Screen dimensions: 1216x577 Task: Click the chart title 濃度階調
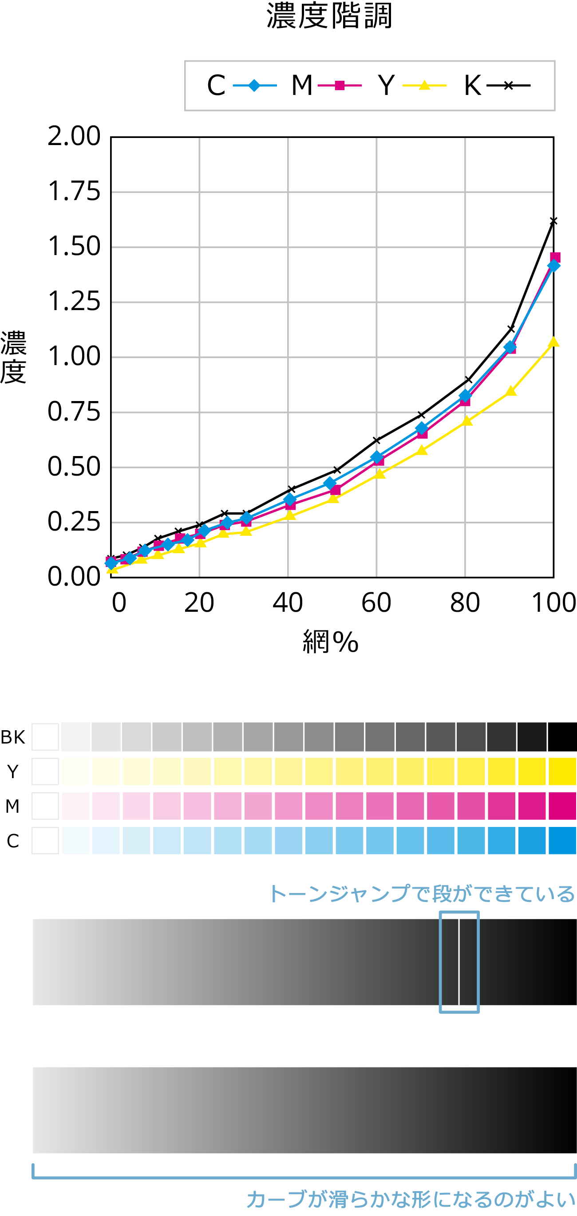coord(329,16)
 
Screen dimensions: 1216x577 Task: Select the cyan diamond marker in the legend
coord(254,86)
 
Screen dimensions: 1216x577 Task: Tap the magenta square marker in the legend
coord(340,86)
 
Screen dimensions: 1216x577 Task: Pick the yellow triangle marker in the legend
coord(424,86)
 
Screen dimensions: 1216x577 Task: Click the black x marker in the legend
coord(508,86)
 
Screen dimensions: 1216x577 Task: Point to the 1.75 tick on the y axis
coord(74,192)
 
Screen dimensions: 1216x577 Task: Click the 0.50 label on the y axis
coord(74,467)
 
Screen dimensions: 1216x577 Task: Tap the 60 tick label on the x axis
coord(376,603)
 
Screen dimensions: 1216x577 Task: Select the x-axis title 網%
coord(331,641)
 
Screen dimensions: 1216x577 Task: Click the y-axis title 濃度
coord(13,357)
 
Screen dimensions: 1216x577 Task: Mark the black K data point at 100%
coord(553,221)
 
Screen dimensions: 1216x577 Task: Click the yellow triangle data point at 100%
coord(553,342)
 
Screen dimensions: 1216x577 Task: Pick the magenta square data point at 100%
coord(555,257)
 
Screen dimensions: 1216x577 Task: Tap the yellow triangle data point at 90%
coord(510,391)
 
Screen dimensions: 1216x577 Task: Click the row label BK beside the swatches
coord(13,737)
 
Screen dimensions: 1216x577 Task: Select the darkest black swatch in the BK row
coord(562,736)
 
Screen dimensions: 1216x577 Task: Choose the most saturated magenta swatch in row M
coord(562,806)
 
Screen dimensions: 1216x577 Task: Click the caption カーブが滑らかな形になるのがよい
coord(411,1200)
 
